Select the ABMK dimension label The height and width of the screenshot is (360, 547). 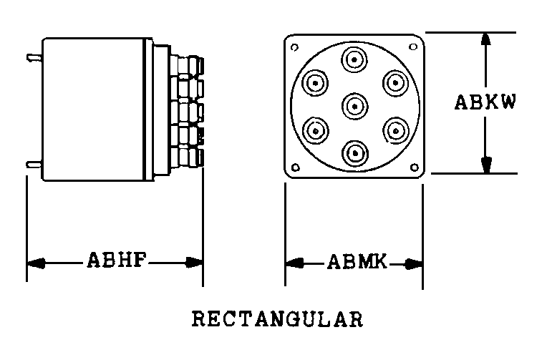tap(357, 262)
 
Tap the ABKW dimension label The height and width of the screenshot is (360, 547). tap(485, 102)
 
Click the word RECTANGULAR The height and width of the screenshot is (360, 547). tap(276, 318)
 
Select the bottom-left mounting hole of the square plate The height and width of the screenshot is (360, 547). tap(294, 170)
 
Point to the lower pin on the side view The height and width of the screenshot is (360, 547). tap(33, 164)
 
